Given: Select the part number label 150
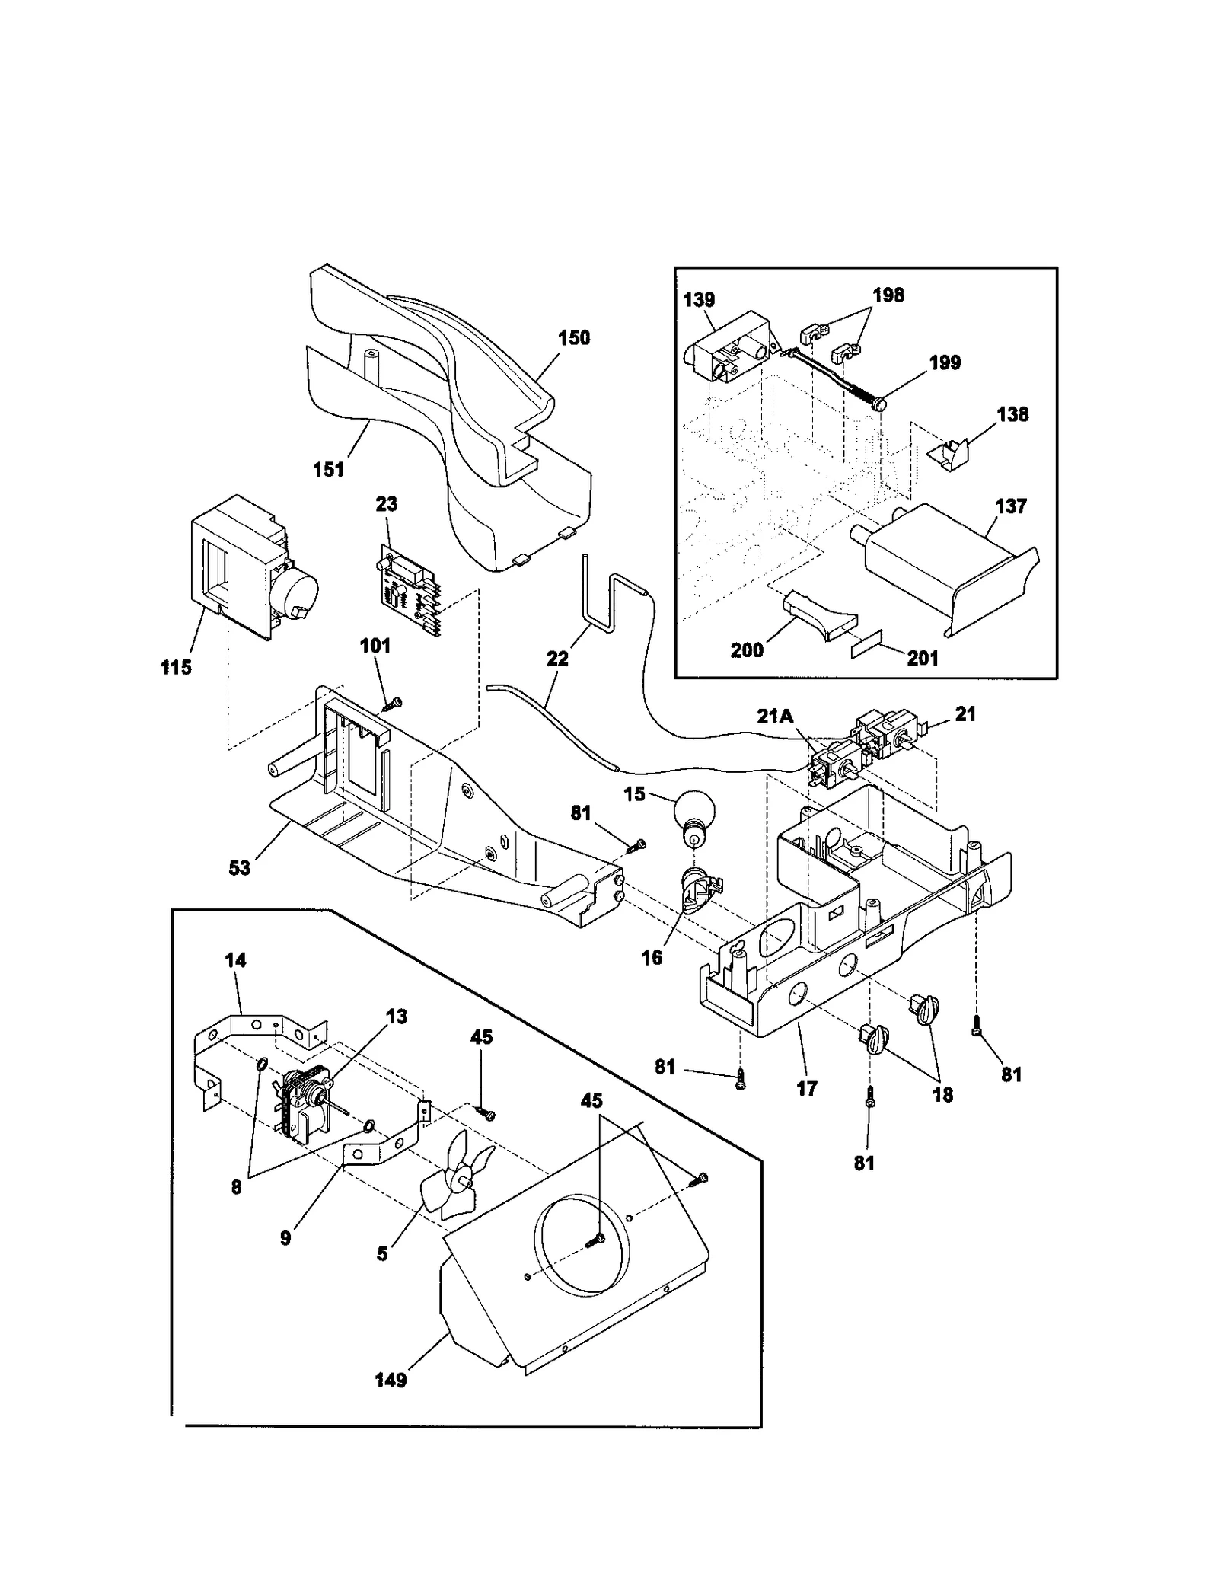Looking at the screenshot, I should (x=573, y=337).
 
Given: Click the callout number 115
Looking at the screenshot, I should (x=176, y=667).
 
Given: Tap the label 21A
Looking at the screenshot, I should (x=775, y=715).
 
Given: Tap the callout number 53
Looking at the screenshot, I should (x=239, y=867).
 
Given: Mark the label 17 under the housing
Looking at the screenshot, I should (x=806, y=1089).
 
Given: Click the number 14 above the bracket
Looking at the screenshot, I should (x=235, y=960).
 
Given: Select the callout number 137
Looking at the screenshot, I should (x=1010, y=506).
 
